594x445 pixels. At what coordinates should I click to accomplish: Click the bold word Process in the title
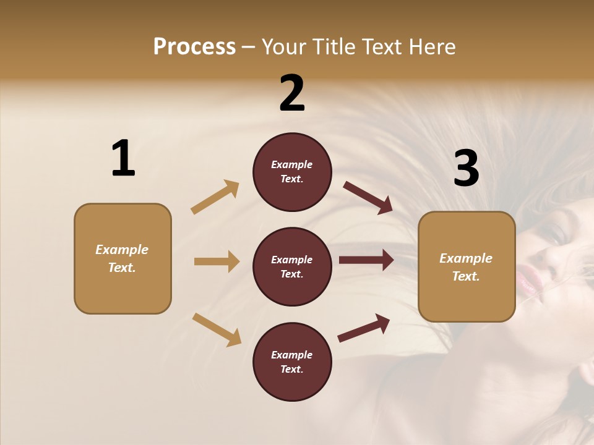[x=194, y=47]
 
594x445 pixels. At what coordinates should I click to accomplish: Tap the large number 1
[x=123, y=158]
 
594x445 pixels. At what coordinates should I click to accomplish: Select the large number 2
[x=292, y=93]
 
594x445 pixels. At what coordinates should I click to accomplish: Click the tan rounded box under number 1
[x=123, y=258]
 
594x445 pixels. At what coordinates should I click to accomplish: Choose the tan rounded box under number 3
[x=467, y=266]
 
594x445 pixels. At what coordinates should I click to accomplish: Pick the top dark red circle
[x=292, y=172]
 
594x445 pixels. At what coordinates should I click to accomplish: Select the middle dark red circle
[x=292, y=266]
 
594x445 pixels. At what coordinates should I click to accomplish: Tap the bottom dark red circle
[x=292, y=362]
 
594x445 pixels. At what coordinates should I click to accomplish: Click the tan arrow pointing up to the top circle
[x=215, y=197]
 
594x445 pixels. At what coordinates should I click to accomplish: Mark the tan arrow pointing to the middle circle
[x=217, y=261]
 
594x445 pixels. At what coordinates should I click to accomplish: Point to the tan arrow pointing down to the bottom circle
[x=217, y=329]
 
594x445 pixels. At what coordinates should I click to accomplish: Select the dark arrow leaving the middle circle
[x=366, y=260]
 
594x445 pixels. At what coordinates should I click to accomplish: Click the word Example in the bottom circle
[x=292, y=355]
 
